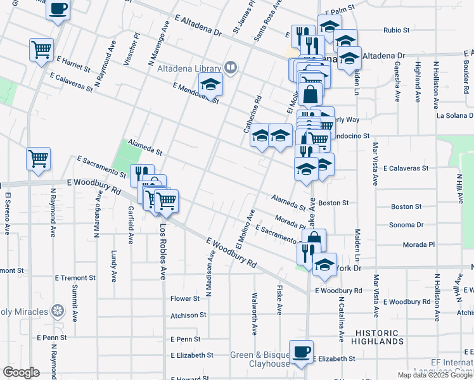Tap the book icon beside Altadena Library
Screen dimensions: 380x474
[231, 66]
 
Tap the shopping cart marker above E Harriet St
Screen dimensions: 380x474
[41, 49]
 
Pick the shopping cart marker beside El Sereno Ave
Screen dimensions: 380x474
[38, 159]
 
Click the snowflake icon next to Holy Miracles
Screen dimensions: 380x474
[58, 311]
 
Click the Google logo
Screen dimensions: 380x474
[22, 372]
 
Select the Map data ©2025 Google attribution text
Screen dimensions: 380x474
[435, 375]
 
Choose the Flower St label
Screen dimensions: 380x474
[184, 298]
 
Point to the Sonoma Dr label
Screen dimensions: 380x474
[407, 225]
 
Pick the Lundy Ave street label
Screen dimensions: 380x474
[114, 260]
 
